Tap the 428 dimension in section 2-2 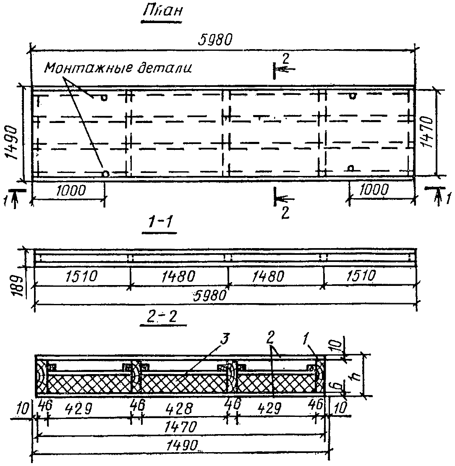click(183, 408)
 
